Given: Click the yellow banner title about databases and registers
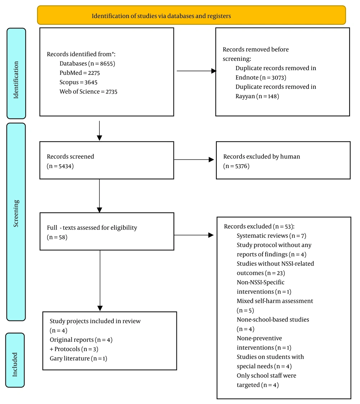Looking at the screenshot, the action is tap(161, 16).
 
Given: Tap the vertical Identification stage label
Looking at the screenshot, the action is tap(16, 80).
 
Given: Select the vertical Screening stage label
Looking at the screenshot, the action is tap(16, 213).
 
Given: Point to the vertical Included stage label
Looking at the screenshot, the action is tap(15, 365).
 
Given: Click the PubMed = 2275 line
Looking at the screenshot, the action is tap(80, 73).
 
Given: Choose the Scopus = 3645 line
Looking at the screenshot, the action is tap(78, 82).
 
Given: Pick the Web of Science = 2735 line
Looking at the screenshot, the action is tap(88, 92).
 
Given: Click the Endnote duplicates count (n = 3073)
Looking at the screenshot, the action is tap(261, 77).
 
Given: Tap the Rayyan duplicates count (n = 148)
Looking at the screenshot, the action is tap(257, 96).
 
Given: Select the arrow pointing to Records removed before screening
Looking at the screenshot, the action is tap(197, 71).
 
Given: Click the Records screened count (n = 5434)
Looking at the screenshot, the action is tap(60, 166).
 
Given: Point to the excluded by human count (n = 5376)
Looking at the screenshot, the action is tap(237, 166).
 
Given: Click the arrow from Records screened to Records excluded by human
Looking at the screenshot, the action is tap(194, 160).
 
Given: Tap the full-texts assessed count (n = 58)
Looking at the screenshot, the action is tap(57, 237).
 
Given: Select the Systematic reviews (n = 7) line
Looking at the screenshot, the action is tap(271, 236).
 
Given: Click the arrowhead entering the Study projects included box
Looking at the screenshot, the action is tap(100, 309).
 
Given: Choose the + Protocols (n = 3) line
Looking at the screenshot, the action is tap(74, 349).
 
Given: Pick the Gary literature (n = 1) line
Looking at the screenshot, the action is tap(78, 358).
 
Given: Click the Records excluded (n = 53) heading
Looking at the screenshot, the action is tap(259, 226).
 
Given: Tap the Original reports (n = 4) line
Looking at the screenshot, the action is tap(81, 340).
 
